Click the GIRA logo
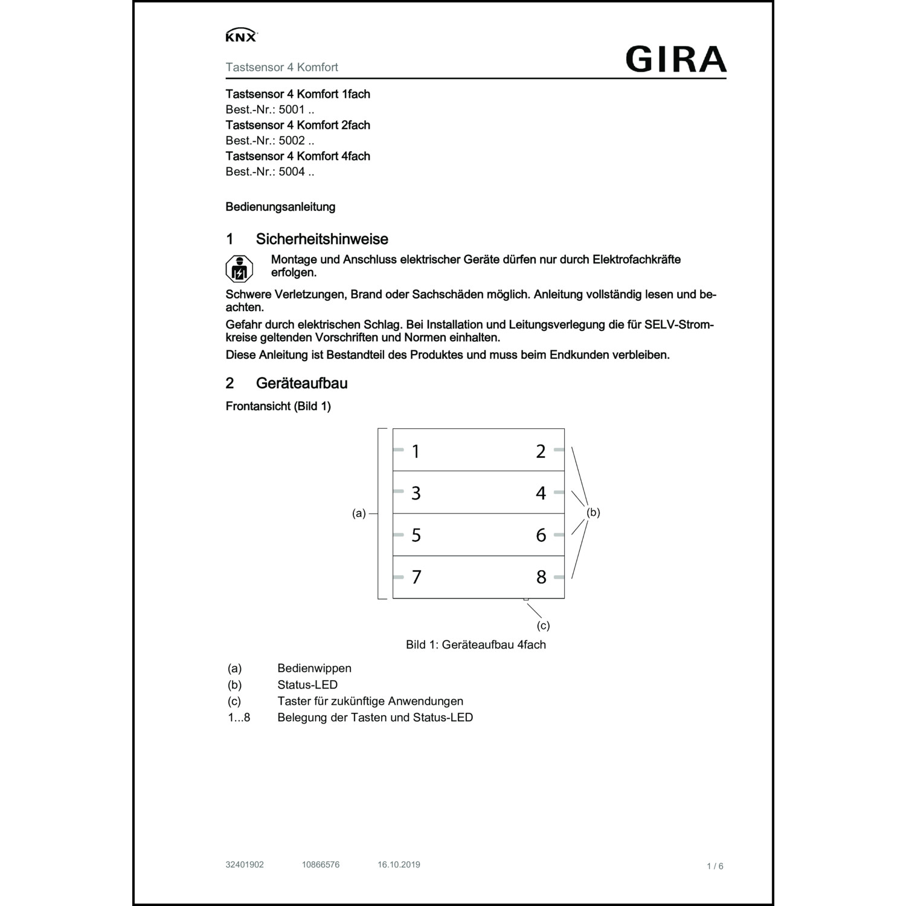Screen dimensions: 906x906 [676, 59]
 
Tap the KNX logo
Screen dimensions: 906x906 [241, 36]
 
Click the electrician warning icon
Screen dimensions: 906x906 [239, 269]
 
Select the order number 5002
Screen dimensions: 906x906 [292, 141]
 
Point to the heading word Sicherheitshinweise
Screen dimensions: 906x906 [322, 239]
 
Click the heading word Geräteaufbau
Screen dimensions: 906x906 [301, 383]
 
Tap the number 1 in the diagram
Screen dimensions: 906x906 [416, 451]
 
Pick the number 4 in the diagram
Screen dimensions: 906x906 [541, 493]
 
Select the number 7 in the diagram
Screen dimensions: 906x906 [416, 577]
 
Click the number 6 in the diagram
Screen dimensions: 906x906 [541, 535]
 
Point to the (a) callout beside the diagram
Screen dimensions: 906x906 [359, 513]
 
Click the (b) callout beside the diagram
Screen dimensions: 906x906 [593, 512]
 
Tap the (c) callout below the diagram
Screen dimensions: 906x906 [543, 626]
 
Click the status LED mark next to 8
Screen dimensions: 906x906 [559, 577]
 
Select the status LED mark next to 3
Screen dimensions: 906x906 [398, 491]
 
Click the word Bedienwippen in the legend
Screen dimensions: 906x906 [314, 668]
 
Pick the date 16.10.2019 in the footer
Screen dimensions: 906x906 [399, 864]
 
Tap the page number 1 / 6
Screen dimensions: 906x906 [715, 866]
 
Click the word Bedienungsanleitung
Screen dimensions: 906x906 [280, 207]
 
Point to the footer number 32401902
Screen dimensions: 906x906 [245, 864]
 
